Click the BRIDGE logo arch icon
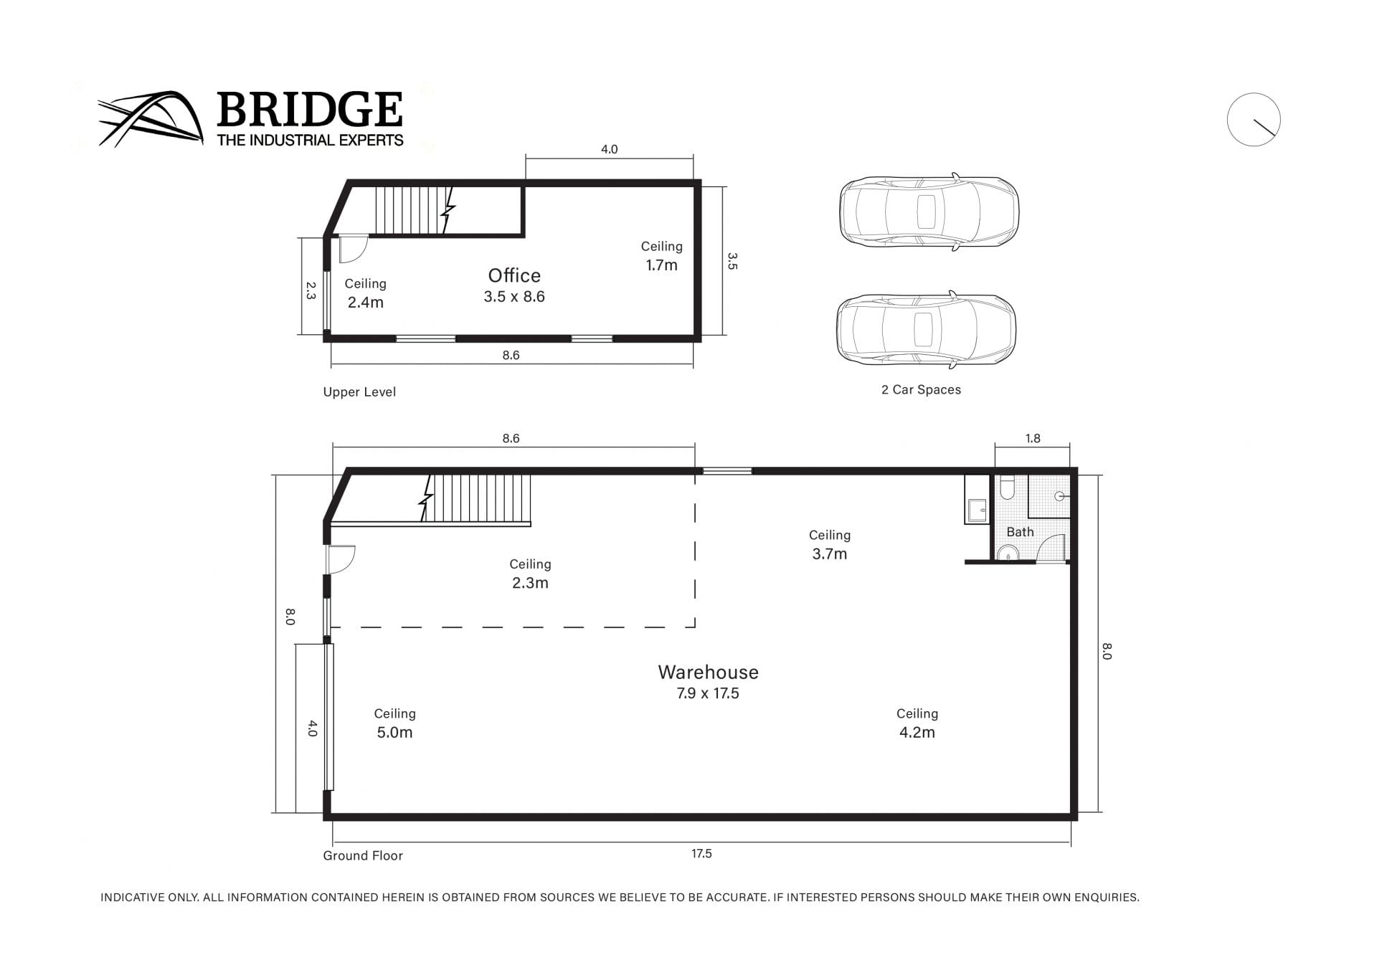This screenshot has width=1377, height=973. point(151,119)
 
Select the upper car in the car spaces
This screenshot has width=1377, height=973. point(929,212)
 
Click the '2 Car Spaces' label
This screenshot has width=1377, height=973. point(921,389)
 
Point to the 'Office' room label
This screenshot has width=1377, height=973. point(514,275)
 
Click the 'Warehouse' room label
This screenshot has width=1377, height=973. point(708,672)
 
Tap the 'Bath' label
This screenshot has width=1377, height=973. point(1020,532)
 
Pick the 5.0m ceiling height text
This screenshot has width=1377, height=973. point(394,732)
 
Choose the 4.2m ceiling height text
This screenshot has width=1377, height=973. point(917,732)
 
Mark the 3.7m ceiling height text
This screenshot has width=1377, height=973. point(830,554)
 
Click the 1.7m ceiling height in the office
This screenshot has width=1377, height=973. point(661,265)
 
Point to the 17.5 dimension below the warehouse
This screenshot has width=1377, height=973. point(701,853)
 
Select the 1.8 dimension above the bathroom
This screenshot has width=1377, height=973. point(1033,438)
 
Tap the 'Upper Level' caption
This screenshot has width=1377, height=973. point(359,392)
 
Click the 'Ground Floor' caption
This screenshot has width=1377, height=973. point(363,855)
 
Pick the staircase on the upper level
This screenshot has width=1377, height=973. point(412,209)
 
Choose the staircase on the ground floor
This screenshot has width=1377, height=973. point(477,498)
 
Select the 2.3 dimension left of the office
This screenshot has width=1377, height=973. point(311,290)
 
